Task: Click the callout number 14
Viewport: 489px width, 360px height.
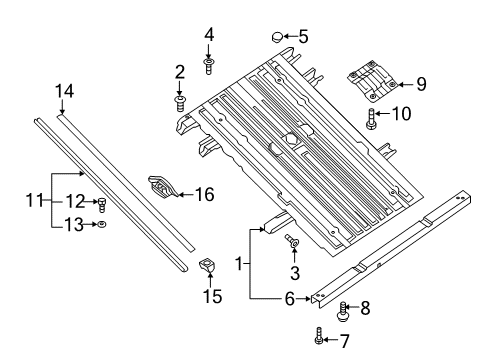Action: click(64, 91)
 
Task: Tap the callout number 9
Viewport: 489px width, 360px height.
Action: click(421, 85)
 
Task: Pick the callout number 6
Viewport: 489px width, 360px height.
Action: click(287, 298)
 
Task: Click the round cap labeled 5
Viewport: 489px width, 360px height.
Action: click(275, 38)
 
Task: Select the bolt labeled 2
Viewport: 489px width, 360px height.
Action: click(181, 100)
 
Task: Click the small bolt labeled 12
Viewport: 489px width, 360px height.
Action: click(101, 205)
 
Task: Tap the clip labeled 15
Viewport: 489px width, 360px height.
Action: click(209, 265)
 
